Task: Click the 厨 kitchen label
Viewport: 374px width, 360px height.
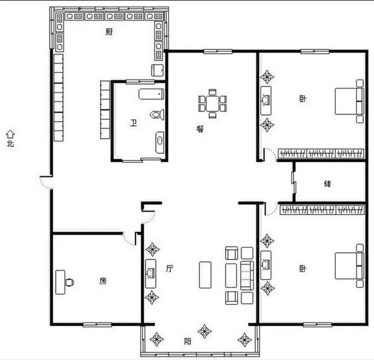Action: pyautogui.click(x=109, y=32)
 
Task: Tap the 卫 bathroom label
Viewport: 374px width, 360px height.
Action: pyautogui.click(x=133, y=123)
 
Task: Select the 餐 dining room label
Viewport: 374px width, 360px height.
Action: pyautogui.click(x=200, y=129)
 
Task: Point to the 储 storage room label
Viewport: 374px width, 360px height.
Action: pyautogui.click(x=328, y=184)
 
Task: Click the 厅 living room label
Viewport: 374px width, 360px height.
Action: pyautogui.click(x=169, y=269)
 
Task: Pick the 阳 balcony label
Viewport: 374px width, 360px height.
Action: pyautogui.click(x=188, y=342)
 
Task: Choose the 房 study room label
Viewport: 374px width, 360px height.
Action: pyautogui.click(x=103, y=281)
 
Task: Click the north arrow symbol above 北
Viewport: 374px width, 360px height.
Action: pyautogui.click(x=10, y=134)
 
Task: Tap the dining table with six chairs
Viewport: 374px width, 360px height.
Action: pyautogui.click(x=212, y=103)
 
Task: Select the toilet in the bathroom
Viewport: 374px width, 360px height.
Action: pyautogui.click(x=157, y=115)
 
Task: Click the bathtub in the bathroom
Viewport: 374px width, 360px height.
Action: pyautogui.click(x=152, y=94)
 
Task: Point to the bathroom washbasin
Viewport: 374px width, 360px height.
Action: pyautogui.click(x=160, y=142)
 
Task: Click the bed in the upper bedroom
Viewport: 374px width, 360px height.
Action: pyautogui.click(x=350, y=101)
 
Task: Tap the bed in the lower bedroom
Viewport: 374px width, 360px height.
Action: pyautogui.click(x=350, y=265)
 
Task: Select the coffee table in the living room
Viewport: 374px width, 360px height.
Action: pyautogui.click(x=205, y=275)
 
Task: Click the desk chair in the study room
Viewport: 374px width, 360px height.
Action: pyautogui.click(x=69, y=282)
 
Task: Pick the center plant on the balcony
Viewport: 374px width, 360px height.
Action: pyautogui.click(x=205, y=331)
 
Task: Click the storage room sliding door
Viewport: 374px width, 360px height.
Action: pyautogui.click(x=294, y=182)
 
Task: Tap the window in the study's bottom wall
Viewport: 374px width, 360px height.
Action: pyautogui.click(x=97, y=325)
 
